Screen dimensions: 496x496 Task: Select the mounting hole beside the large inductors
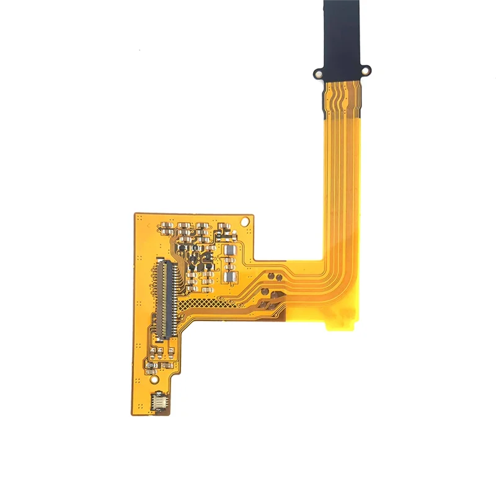246,220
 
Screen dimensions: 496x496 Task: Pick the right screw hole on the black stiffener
366,69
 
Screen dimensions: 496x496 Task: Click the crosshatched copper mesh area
214,303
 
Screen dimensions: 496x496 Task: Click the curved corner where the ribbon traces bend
332,273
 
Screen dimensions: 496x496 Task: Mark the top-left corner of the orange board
136,216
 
